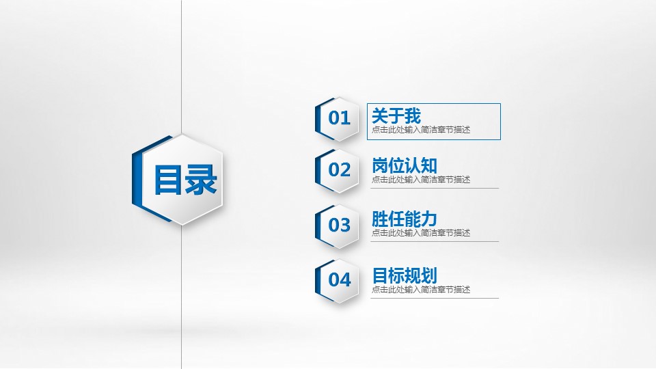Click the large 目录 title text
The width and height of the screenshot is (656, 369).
point(185,180)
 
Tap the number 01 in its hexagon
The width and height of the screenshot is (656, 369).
point(339,118)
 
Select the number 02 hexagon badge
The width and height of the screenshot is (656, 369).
point(337,170)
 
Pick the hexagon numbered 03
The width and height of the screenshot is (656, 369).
point(337,226)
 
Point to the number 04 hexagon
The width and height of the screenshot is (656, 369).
point(337,281)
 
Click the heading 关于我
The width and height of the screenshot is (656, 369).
point(396,115)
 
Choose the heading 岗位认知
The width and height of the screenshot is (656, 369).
point(404,165)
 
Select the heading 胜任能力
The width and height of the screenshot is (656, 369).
point(404,219)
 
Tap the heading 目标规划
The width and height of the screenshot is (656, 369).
point(404,275)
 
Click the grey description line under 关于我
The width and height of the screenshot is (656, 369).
point(421,130)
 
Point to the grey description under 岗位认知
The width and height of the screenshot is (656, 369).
point(421,180)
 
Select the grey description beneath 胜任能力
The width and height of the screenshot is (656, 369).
point(421,232)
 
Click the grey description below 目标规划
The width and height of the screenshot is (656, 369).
point(421,290)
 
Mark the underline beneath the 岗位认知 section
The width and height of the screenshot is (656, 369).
point(435,189)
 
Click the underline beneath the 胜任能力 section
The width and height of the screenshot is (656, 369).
point(435,241)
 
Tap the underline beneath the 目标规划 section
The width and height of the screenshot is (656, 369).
point(435,299)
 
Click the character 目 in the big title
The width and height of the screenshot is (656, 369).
point(168,180)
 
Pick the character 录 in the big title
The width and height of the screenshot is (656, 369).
point(201,180)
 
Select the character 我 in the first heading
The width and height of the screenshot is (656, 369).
point(413,115)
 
